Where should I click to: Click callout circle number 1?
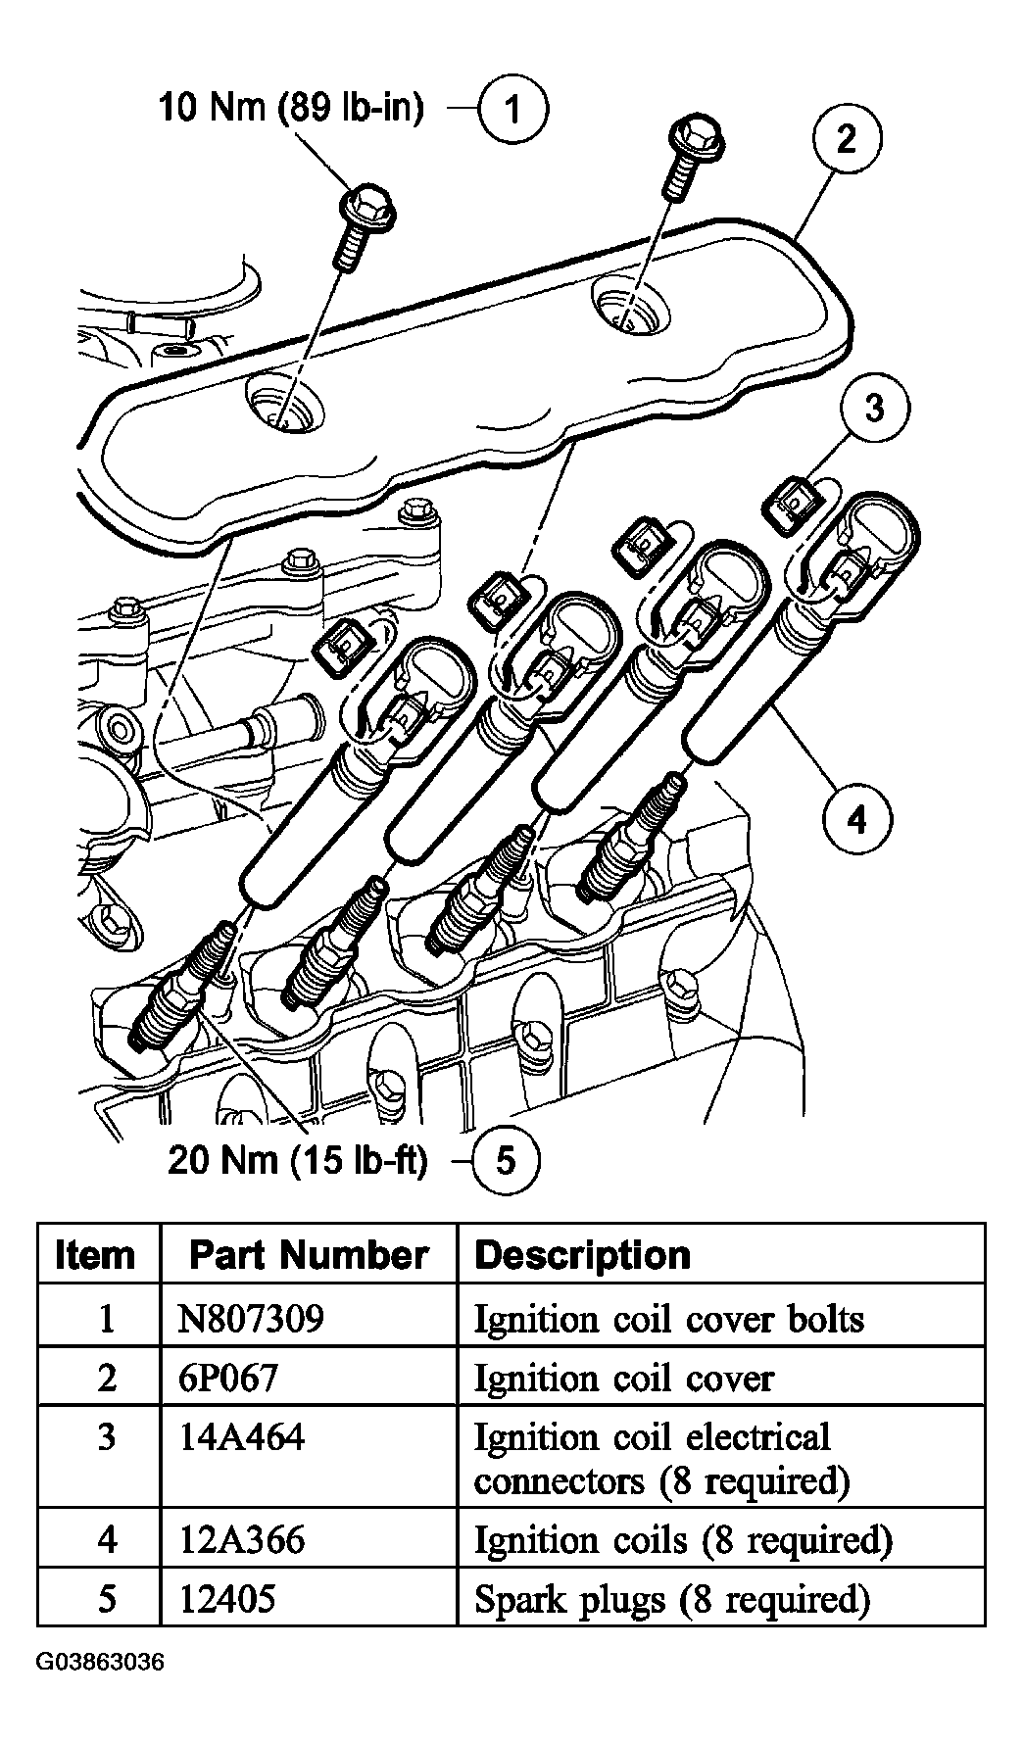coord(512,110)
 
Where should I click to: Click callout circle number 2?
coord(847,138)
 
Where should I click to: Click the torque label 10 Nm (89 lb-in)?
coord(292,108)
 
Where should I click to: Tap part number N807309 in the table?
coord(251,1319)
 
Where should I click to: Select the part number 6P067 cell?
coord(228,1379)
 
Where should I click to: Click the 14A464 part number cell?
coord(242,1438)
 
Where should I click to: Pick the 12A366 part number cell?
coord(242,1539)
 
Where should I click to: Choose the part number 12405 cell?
coord(228,1599)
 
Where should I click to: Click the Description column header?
coord(582,1255)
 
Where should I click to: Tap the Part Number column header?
coord(308,1255)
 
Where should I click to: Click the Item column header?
coord(95,1255)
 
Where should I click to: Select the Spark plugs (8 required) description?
coord(672,1599)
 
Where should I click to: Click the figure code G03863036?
coord(101,1690)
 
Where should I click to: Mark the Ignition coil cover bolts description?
coord(669,1319)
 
